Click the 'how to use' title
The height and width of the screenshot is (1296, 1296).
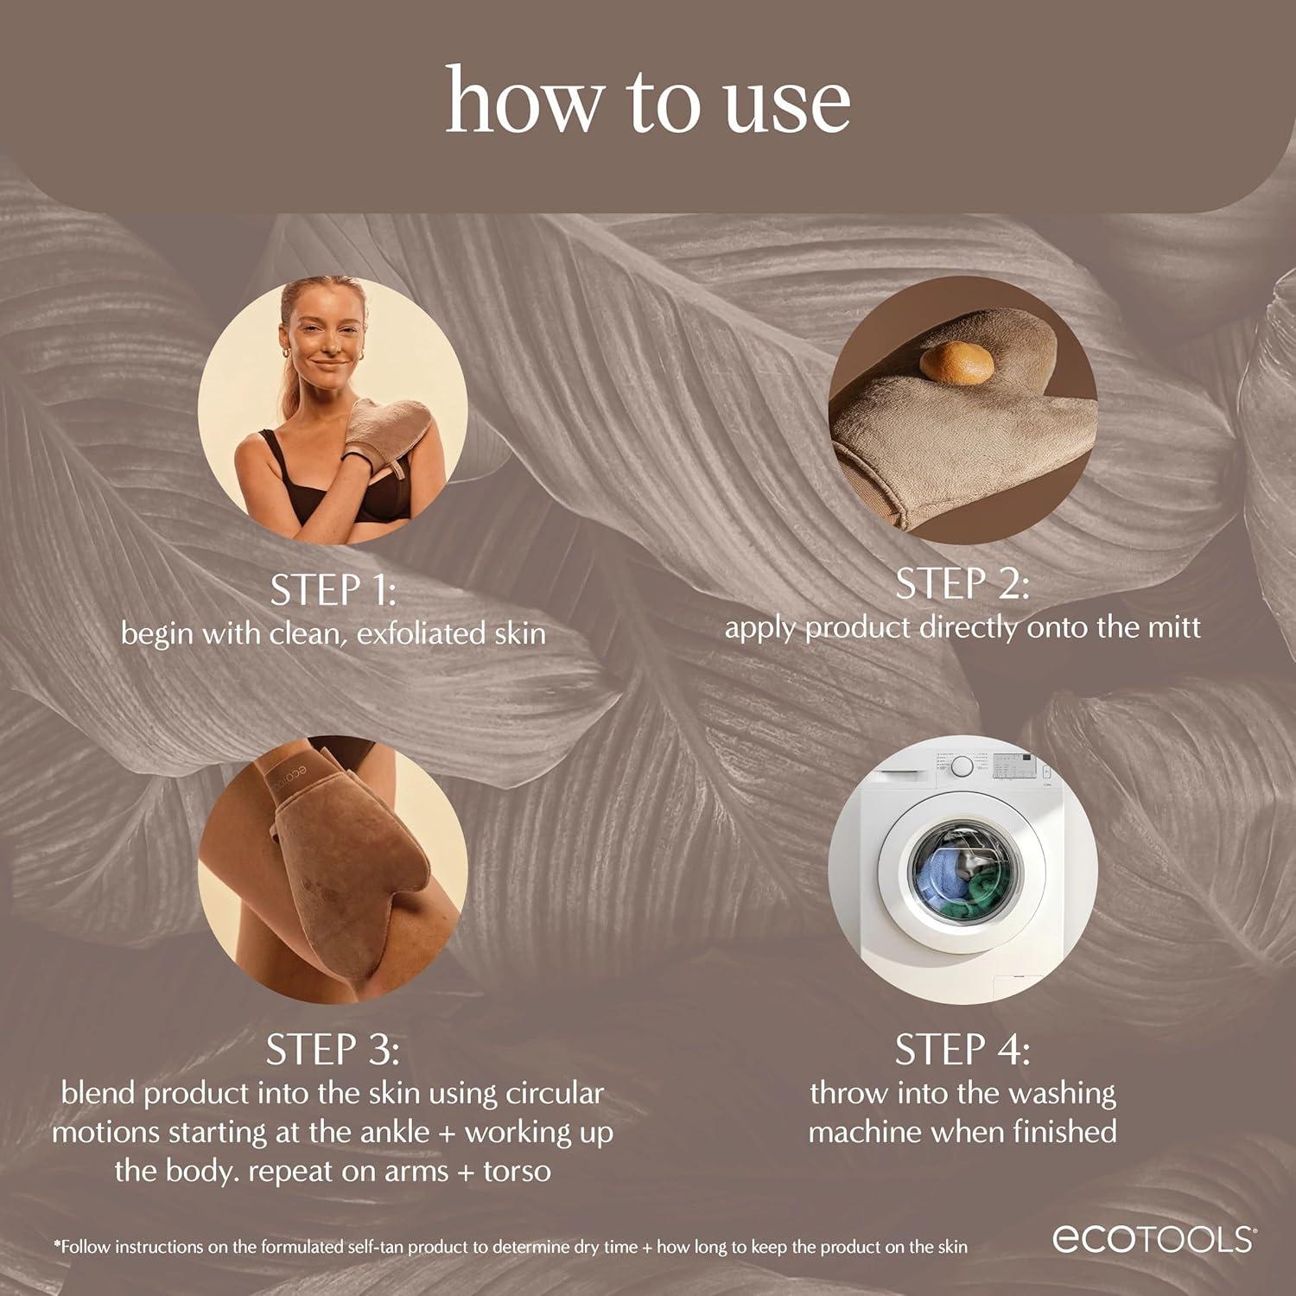[647, 102]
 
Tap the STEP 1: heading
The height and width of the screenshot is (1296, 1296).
[333, 590]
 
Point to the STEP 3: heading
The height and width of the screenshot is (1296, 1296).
[333, 1050]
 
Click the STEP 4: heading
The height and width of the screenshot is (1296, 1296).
[962, 1050]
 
